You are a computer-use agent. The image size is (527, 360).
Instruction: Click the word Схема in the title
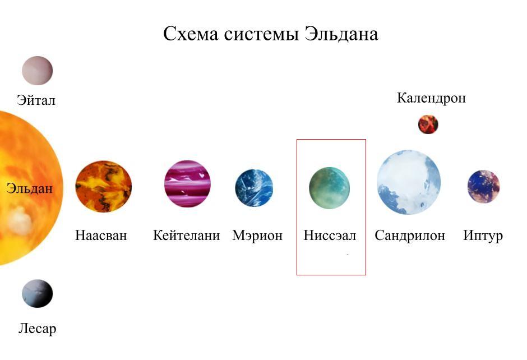point(191,34)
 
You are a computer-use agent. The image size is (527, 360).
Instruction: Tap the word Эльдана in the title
point(341,35)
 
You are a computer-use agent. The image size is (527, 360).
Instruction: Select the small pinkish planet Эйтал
point(38,71)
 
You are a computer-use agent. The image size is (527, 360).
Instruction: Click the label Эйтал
point(36,100)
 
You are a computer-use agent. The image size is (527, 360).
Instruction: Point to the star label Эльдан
point(30,188)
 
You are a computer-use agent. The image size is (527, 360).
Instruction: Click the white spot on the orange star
point(20,220)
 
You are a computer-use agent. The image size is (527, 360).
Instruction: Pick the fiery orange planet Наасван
point(104,186)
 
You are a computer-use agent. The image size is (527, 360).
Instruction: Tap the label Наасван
point(101,236)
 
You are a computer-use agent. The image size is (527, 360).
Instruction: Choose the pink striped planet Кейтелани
point(188,183)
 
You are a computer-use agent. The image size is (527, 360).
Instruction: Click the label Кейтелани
point(187,236)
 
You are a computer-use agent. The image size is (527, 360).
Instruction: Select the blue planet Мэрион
point(254,187)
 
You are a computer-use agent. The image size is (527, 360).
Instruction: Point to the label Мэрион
point(257,236)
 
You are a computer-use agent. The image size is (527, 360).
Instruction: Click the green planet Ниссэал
point(330,188)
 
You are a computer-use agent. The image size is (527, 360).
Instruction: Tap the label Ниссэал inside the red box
point(330,236)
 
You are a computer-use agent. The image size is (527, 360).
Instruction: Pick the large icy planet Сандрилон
point(409,182)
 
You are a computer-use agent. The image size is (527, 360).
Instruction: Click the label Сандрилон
point(410,236)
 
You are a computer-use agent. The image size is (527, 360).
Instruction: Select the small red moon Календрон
point(428,124)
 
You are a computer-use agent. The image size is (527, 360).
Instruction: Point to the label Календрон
point(432,98)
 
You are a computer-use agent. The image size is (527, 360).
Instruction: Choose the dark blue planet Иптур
point(484,186)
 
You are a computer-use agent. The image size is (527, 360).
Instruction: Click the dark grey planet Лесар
point(38,293)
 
